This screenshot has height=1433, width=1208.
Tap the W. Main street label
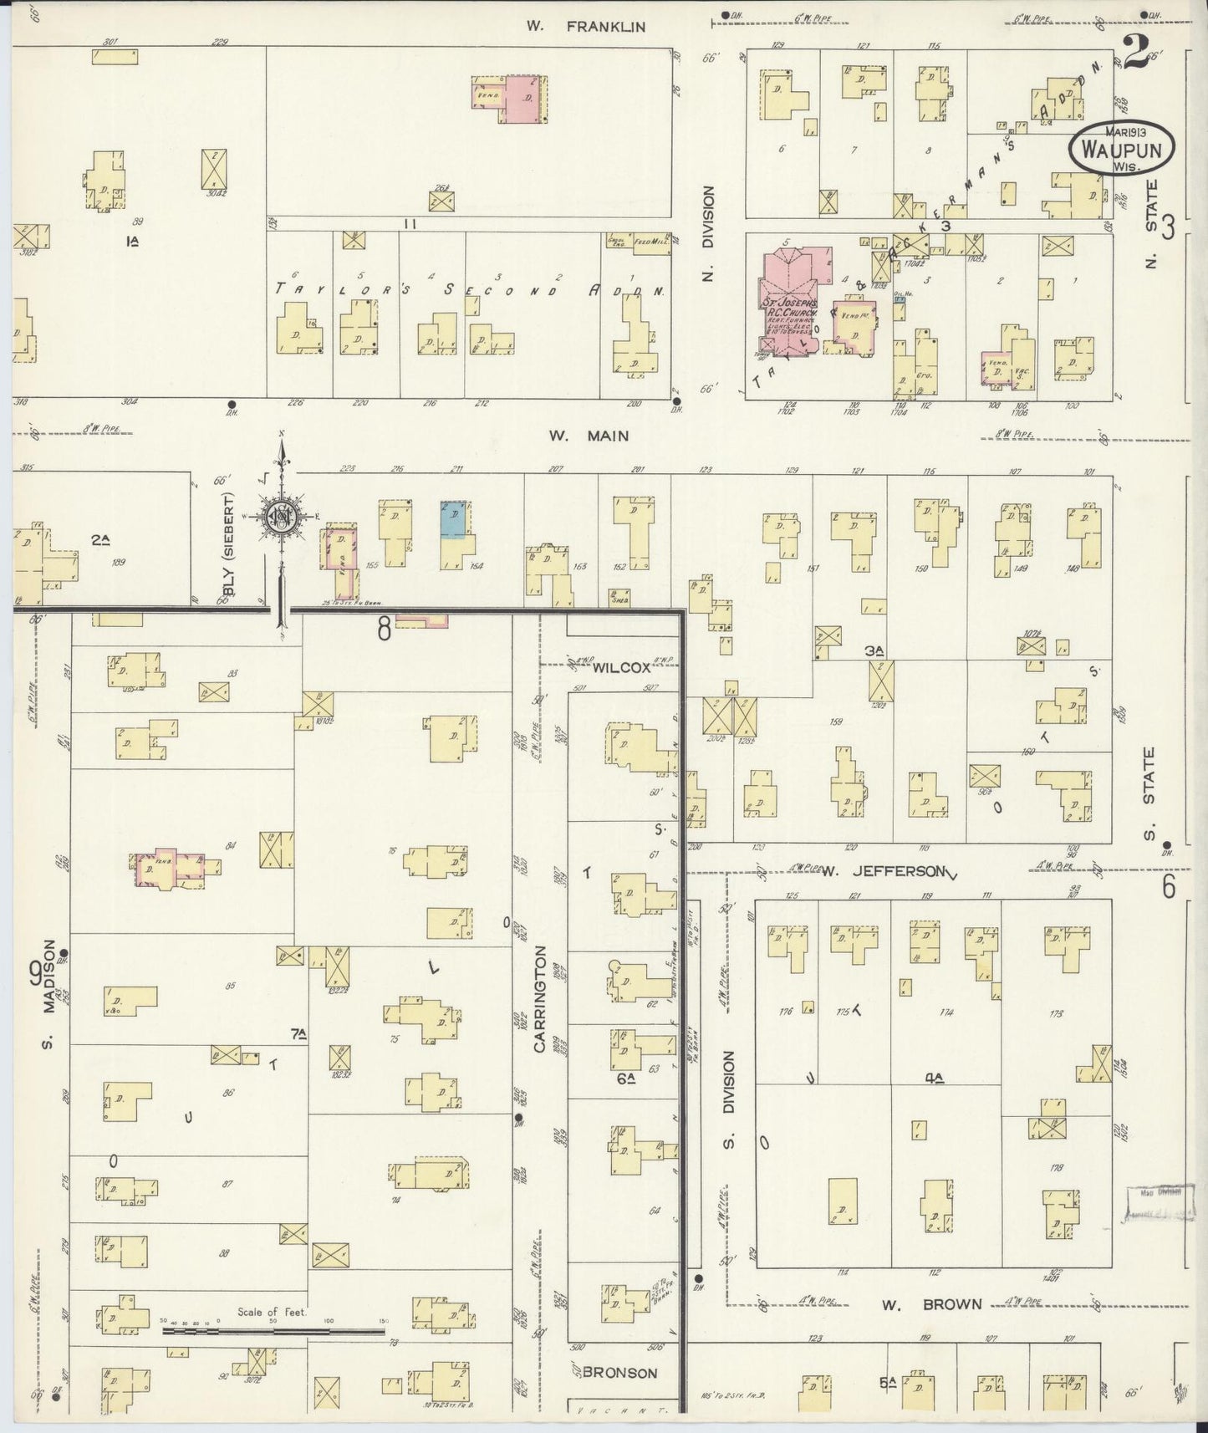click(589, 436)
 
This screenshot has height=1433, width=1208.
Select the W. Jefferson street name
click(883, 871)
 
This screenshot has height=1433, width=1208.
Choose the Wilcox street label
click(622, 668)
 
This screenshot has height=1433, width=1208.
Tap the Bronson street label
click(619, 1372)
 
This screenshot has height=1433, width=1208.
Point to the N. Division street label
click(708, 233)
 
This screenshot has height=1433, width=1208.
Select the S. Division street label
click(727, 1099)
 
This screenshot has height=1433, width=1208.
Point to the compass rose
click(282, 518)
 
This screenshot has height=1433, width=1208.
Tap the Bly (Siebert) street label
click(228, 548)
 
